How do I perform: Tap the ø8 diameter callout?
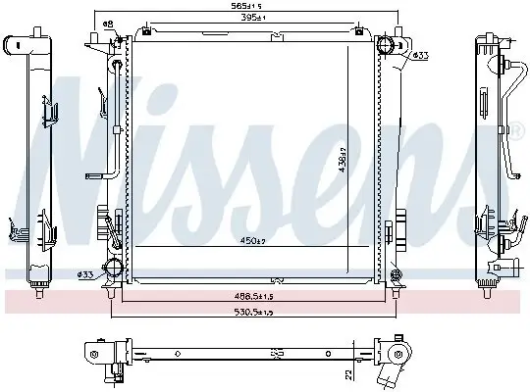pos(108,23)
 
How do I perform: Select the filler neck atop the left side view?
pos(19,45)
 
